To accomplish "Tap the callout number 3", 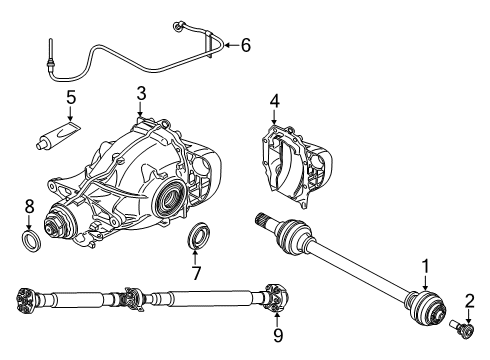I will [141, 94].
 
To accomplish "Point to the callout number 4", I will [274, 100].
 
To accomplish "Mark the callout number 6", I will [246, 44].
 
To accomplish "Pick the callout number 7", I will [196, 273].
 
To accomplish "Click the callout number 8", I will [28, 208].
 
